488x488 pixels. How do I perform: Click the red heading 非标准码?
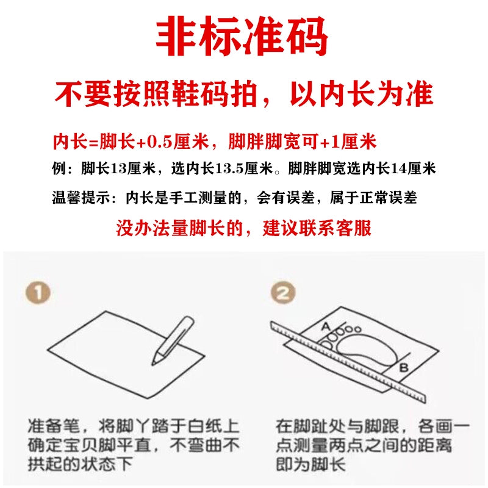pyautogui.click(x=242, y=37)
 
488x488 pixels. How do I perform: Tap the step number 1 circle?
pyautogui.click(x=38, y=293)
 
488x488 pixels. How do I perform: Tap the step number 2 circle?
pyautogui.click(x=283, y=293)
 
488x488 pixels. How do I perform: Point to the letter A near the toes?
pyautogui.click(x=326, y=326)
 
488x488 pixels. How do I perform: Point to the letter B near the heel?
pyautogui.click(x=404, y=368)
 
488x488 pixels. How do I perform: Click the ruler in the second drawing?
pyautogui.click(x=348, y=362)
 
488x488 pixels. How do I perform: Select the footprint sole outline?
pyautogui.click(x=367, y=350)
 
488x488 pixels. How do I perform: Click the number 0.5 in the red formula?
pyautogui.click(x=159, y=142)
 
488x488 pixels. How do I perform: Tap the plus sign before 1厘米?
pyautogui.click(x=325, y=143)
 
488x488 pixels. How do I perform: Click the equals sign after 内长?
pyautogui.click(x=93, y=143)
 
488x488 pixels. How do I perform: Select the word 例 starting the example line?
pyautogui.click(x=59, y=169)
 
